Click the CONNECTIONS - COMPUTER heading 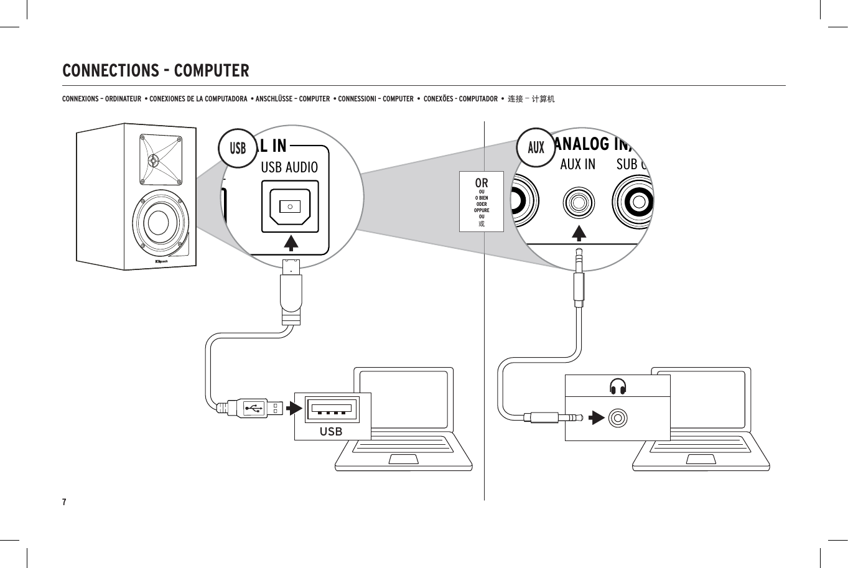click(156, 70)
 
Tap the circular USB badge click(238, 148)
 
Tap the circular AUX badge click(536, 147)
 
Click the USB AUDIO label click(289, 167)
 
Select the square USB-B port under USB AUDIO click(291, 206)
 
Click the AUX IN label click(577, 164)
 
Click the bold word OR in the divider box click(482, 184)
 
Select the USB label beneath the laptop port click(331, 431)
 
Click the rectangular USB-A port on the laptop click(331, 409)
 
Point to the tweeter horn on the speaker click(154, 159)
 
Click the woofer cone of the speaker click(158, 223)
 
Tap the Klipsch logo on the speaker click(161, 262)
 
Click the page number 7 click(64, 502)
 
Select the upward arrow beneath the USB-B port click(291, 242)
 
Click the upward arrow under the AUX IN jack click(579, 233)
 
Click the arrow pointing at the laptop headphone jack click(597, 417)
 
